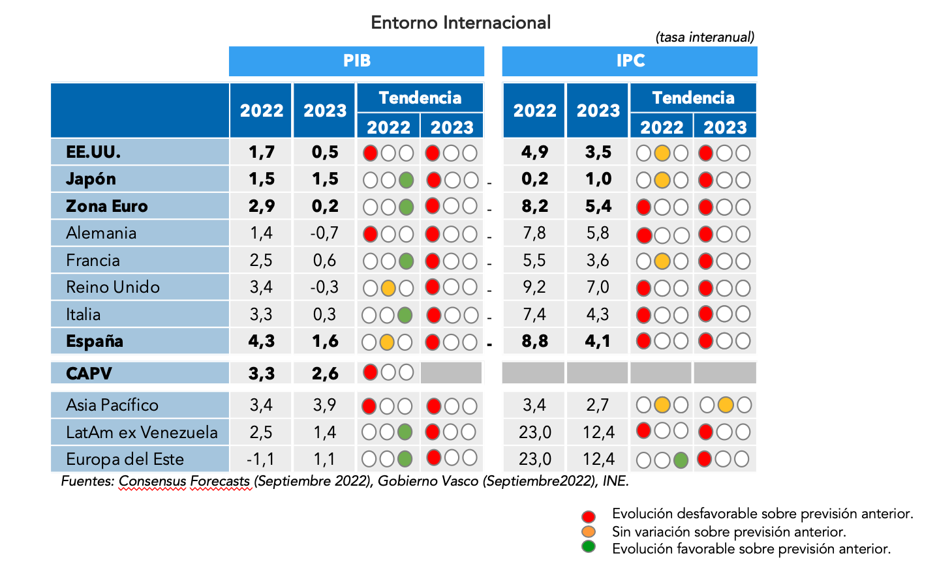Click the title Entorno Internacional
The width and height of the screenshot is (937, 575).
coord(461,23)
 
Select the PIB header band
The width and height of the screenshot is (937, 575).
coord(356,61)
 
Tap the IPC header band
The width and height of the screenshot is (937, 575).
coord(630,61)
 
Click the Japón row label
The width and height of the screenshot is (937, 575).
coord(91,179)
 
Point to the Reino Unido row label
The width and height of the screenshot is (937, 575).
coord(112,287)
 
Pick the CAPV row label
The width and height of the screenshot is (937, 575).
coord(89,374)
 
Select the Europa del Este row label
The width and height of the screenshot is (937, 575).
coord(125,459)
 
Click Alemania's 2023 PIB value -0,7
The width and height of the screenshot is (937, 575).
coord(324,233)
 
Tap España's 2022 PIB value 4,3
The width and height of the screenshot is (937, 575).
coord(261,341)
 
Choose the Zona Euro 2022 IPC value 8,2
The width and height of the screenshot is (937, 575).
coord(534,207)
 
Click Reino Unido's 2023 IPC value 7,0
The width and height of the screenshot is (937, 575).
coord(598,287)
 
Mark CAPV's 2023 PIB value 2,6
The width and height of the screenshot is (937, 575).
coord(324,374)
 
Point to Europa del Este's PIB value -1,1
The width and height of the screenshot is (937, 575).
coord(260,459)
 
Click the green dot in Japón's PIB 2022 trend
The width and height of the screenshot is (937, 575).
coord(406,180)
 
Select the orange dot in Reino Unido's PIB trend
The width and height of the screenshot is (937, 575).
coord(388,287)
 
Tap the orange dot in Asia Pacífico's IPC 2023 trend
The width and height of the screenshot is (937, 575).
coord(725,405)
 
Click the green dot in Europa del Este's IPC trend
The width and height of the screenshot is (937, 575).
coord(681,460)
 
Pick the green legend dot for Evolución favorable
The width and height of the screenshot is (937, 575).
coord(589,546)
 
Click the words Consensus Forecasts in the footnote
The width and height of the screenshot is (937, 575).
coord(184,481)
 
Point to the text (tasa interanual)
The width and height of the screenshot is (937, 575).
coord(705,37)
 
